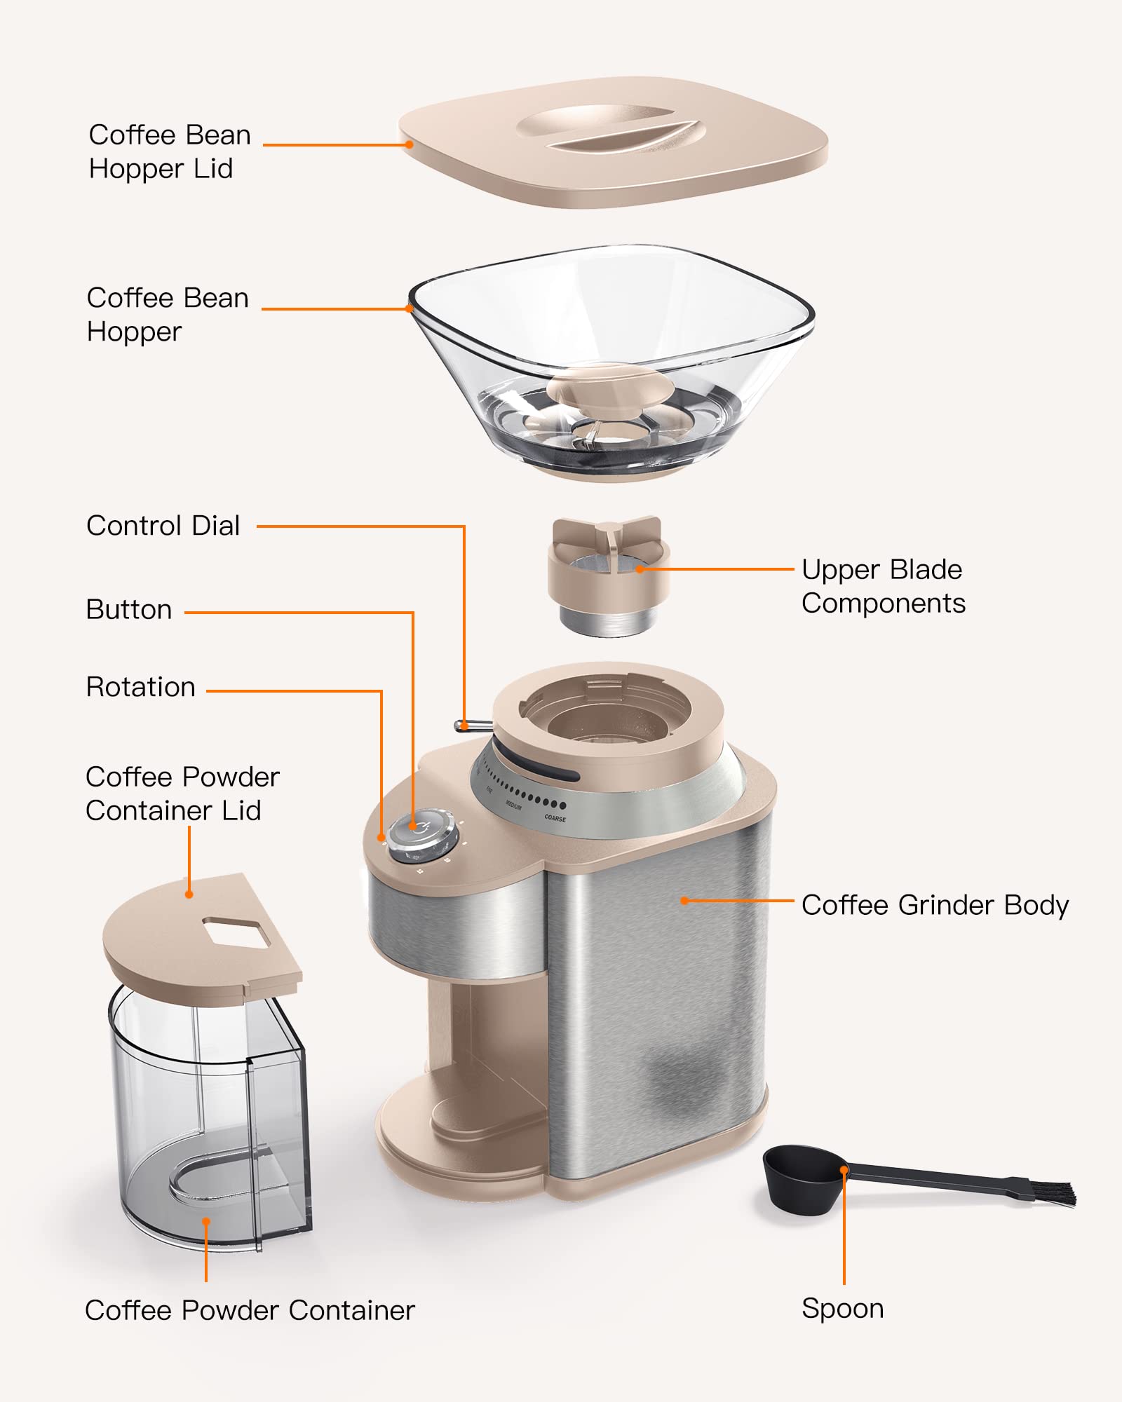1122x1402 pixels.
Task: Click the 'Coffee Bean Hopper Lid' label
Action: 169,151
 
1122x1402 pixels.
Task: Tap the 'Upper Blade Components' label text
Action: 883,586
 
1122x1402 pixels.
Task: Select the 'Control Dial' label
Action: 163,526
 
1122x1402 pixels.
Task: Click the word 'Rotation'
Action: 140,687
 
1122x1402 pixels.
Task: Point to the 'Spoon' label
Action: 842,1309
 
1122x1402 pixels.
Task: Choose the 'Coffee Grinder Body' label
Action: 934,905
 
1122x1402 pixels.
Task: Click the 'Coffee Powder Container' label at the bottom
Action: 250,1310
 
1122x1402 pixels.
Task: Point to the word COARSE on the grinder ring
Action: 555,818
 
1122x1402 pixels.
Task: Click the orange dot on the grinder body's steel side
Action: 684,900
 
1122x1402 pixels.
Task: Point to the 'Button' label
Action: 129,610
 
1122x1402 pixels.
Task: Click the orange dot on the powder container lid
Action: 189,894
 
